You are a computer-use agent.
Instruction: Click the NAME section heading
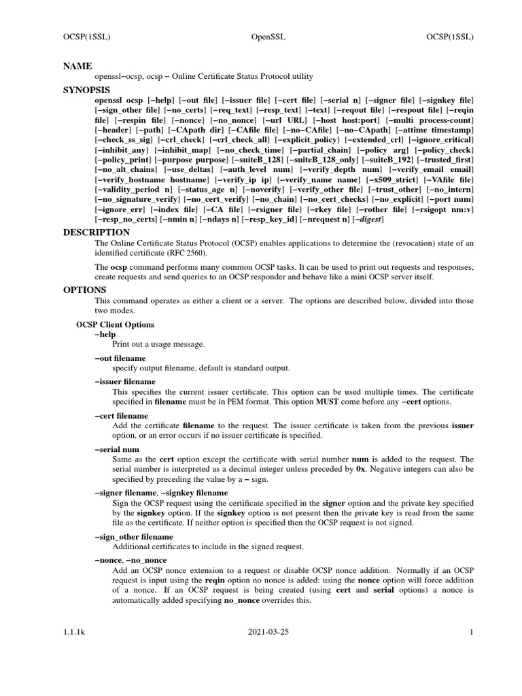coord(77,66)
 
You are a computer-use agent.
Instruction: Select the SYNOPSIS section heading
coord(87,89)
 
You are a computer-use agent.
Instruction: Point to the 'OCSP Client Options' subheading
coord(115,325)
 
